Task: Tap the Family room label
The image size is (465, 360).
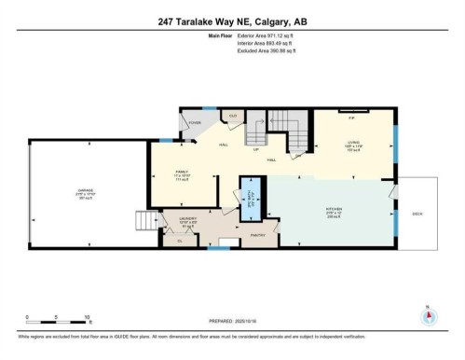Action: (x=183, y=173)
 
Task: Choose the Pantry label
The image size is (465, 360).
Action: (x=259, y=235)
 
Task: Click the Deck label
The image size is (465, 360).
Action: (x=417, y=212)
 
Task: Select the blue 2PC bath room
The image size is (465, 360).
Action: (x=249, y=197)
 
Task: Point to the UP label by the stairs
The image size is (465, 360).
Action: (x=254, y=150)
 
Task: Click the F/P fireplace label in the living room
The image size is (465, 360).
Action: (x=351, y=118)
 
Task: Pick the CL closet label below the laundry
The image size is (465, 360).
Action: (x=180, y=240)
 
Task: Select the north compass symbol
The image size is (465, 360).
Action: (x=429, y=314)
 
